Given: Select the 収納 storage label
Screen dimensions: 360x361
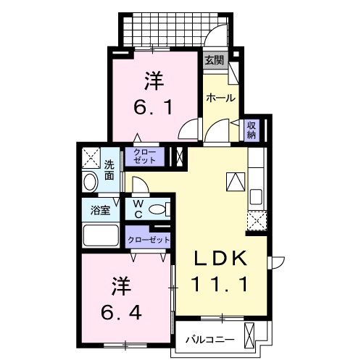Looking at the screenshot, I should [252, 130].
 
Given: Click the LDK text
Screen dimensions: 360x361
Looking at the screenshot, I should [221, 259].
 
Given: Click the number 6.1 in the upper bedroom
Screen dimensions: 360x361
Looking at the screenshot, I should [153, 108].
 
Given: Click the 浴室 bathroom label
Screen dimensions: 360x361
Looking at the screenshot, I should [100, 211].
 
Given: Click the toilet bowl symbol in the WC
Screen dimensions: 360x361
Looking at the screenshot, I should [157, 211].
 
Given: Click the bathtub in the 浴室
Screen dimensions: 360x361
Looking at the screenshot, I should [101, 235].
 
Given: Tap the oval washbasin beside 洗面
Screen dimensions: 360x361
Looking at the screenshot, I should [91, 182].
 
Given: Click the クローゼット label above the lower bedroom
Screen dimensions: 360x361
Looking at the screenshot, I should [149, 239].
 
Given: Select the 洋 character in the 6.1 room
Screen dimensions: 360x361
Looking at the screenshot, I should [153, 78].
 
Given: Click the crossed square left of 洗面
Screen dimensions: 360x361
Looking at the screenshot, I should [91, 156].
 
